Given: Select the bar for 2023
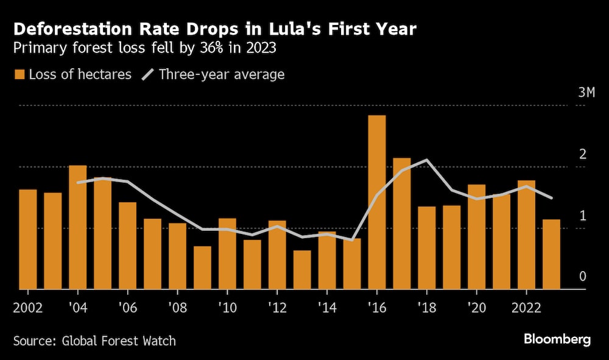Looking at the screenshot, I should pyautogui.click(x=551, y=254).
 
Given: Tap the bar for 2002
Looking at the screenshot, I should pyautogui.click(x=28, y=239).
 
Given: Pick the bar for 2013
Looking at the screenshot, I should pyautogui.click(x=302, y=270).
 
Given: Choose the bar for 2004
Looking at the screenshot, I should pyautogui.click(x=78, y=227).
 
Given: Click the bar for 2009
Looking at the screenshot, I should pyautogui.click(x=202, y=267).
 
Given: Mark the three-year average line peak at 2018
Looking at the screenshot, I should pyautogui.click(x=427, y=160).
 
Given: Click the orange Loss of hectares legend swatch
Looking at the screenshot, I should pyautogui.click(x=19, y=75).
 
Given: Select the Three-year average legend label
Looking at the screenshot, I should pyautogui.click(x=222, y=75).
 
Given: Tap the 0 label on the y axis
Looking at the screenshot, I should pyautogui.click(x=582, y=277).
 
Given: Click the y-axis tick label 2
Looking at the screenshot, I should pyautogui.click(x=582, y=154).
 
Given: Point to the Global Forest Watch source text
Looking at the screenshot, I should pyautogui.click(x=119, y=341).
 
